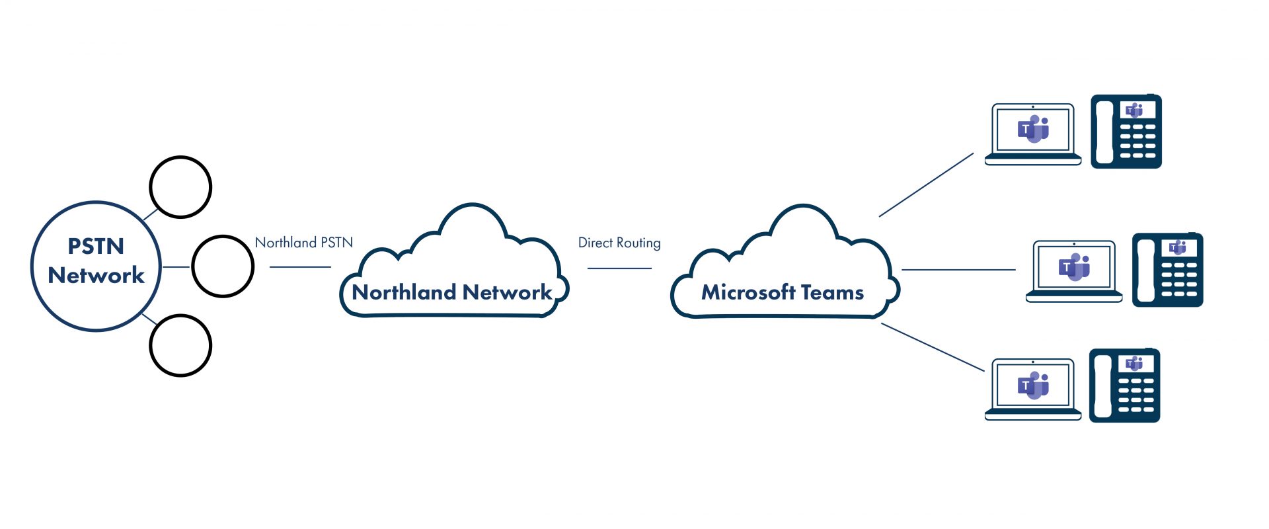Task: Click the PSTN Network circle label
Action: (x=96, y=261)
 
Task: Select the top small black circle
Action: (x=180, y=187)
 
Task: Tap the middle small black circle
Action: (x=223, y=266)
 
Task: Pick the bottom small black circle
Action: (x=180, y=345)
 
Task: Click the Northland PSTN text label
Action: (x=304, y=243)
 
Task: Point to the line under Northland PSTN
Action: (x=300, y=267)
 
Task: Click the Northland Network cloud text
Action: (x=452, y=292)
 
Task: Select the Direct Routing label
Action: (x=619, y=243)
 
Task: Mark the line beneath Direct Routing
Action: (x=619, y=268)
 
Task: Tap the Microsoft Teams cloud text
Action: (x=783, y=292)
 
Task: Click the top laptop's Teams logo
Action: (x=1033, y=129)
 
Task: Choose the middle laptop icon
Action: (x=1074, y=271)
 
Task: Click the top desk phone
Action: (x=1126, y=132)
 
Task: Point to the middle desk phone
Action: (x=1168, y=270)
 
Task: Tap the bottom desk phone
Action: (x=1125, y=386)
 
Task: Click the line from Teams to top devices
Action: (x=926, y=185)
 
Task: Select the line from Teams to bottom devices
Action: (x=933, y=347)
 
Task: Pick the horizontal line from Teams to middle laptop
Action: (x=958, y=270)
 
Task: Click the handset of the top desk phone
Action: (x=1104, y=132)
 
